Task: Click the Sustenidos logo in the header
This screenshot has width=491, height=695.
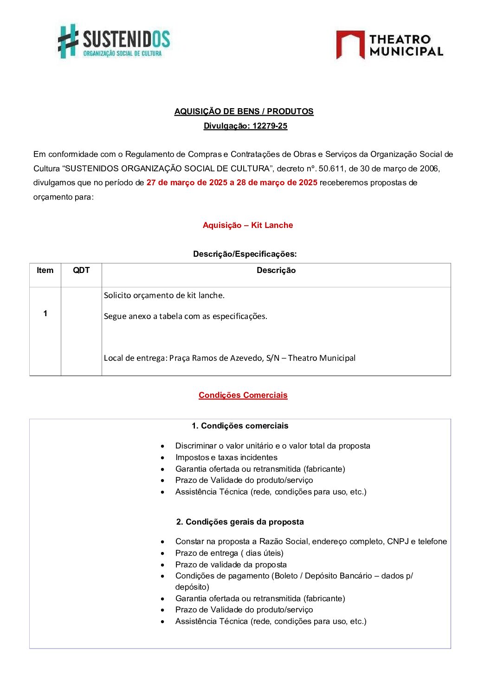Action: click(x=114, y=41)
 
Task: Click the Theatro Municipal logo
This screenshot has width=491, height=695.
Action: click(x=389, y=45)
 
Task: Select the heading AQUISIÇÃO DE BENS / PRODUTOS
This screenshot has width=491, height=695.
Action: click(x=244, y=111)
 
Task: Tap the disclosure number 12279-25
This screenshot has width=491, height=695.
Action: click(x=270, y=126)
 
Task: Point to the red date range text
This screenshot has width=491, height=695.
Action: click(x=232, y=182)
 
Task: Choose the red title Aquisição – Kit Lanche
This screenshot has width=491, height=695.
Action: click(x=247, y=225)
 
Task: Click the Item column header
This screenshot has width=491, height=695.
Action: click(x=45, y=270)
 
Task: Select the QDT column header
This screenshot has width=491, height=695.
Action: click(x=81, y=270)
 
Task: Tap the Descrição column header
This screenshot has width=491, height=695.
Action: click(x=276, y=270)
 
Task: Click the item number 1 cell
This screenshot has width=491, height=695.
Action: click(x=45, y=313)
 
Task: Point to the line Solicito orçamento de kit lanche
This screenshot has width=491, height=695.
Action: click(x=164, y=295)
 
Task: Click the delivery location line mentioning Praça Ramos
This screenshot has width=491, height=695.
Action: click(x=229, y=358)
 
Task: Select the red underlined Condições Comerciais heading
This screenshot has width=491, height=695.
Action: click(x=243, y=395)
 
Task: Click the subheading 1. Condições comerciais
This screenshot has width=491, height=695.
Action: click(x=239, y=426)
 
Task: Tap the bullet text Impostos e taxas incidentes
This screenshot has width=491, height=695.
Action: click(x=226, y=457)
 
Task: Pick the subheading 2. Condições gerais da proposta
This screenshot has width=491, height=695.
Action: click(x=239, y=522)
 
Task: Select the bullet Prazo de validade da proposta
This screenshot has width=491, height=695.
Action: click(x=231, y=565)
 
